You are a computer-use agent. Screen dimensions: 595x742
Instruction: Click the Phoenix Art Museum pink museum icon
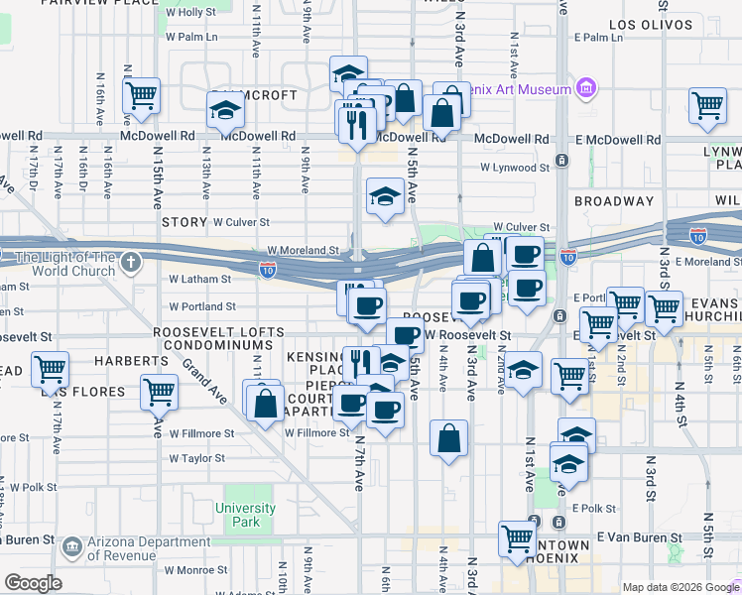585,90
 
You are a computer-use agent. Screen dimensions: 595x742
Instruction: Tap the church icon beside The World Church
131,263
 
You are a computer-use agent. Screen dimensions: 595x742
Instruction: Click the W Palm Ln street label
190,37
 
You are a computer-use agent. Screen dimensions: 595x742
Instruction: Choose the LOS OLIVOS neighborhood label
649,24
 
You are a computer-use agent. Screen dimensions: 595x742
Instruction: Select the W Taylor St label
196,458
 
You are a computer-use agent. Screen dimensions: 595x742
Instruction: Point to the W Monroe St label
195,570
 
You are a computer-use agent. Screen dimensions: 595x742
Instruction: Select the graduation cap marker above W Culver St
385,195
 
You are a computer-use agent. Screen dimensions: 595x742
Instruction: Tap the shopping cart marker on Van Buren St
518,538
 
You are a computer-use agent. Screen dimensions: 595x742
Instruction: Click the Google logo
33,583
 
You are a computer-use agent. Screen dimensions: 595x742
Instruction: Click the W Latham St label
199,280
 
